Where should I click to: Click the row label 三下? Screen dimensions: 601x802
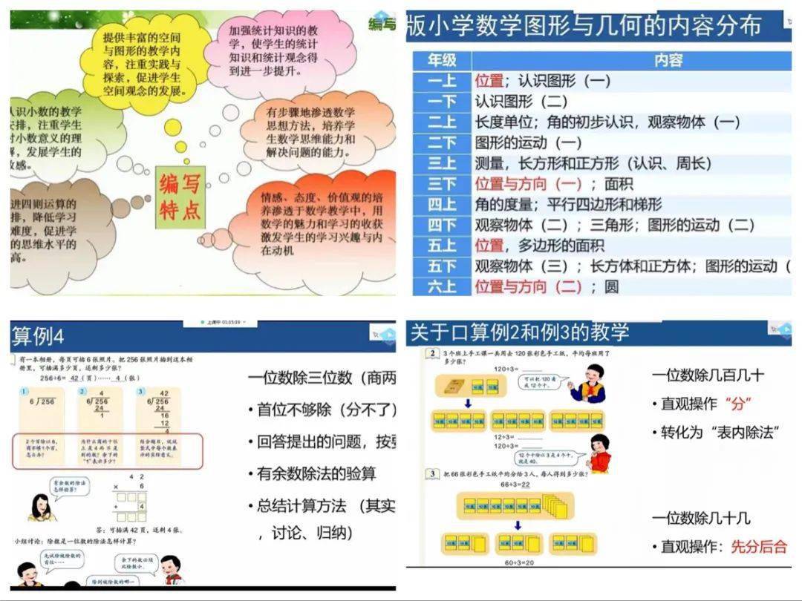pos(442,184)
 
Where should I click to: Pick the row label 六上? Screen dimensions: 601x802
pos(442,286)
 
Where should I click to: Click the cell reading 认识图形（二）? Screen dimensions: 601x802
pos(521,102)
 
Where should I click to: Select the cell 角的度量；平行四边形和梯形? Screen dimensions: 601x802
pos(568,204)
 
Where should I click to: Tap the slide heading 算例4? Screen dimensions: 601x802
pos(38,338)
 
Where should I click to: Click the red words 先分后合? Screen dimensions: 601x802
pos(758,547)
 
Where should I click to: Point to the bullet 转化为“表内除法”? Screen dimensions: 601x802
pos(717,433)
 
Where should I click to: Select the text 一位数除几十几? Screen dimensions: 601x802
pos(701,518)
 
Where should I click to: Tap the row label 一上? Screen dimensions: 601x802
pos(442,81)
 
